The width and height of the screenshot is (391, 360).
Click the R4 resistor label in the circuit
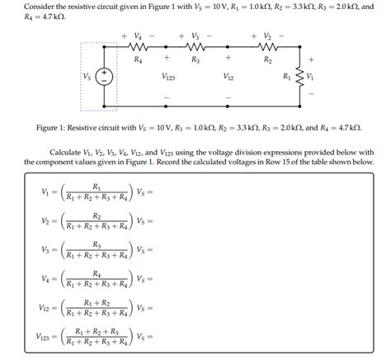coord(137,61)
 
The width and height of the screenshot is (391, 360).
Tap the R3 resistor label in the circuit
coord(195,61)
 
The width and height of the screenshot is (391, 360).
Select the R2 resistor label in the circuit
coord(267,61)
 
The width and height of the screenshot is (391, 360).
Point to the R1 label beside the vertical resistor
coord(287,77)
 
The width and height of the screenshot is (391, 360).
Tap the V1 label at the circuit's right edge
coord(311,77)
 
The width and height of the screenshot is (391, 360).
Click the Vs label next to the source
coord(87,77)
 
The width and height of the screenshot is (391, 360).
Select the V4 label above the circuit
coord(138,36)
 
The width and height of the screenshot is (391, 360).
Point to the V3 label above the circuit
coord(195,36)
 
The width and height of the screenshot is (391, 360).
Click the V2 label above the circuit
coord(267,36)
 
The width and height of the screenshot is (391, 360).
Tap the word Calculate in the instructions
coord(66,152)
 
